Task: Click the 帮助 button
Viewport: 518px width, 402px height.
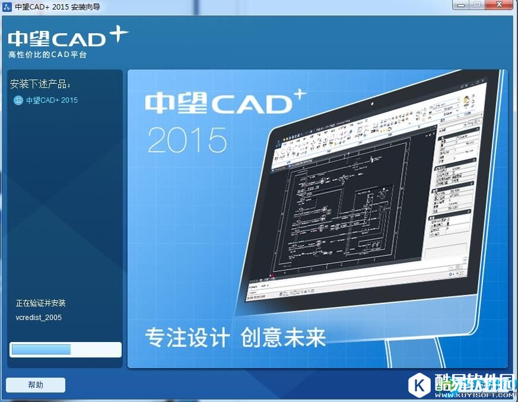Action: tap(36, 385)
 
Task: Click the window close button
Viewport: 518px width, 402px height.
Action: tap(500, 5)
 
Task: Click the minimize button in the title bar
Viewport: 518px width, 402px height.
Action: tap(460, 5)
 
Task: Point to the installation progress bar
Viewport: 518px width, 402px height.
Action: tap(65, 349)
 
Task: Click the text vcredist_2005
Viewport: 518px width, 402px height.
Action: tap(39, 318)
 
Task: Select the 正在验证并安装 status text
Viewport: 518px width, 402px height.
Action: tap(41, 303)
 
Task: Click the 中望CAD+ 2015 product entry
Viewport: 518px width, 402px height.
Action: tap(52, 100)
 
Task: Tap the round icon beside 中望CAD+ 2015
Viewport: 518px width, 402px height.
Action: tap(18, 100)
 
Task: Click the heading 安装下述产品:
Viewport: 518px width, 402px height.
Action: tap(40, 84)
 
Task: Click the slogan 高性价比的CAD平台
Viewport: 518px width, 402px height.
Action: tap(47, 55)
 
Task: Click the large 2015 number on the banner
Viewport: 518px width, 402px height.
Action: tap(187, 140)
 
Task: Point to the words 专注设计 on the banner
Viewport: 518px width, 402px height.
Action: tap(187, 337)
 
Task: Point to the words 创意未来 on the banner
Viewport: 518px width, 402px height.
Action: tap(284, 337)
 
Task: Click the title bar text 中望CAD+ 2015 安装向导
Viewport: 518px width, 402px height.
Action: tap(58, 7)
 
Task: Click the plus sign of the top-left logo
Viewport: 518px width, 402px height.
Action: tap(119, 34)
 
